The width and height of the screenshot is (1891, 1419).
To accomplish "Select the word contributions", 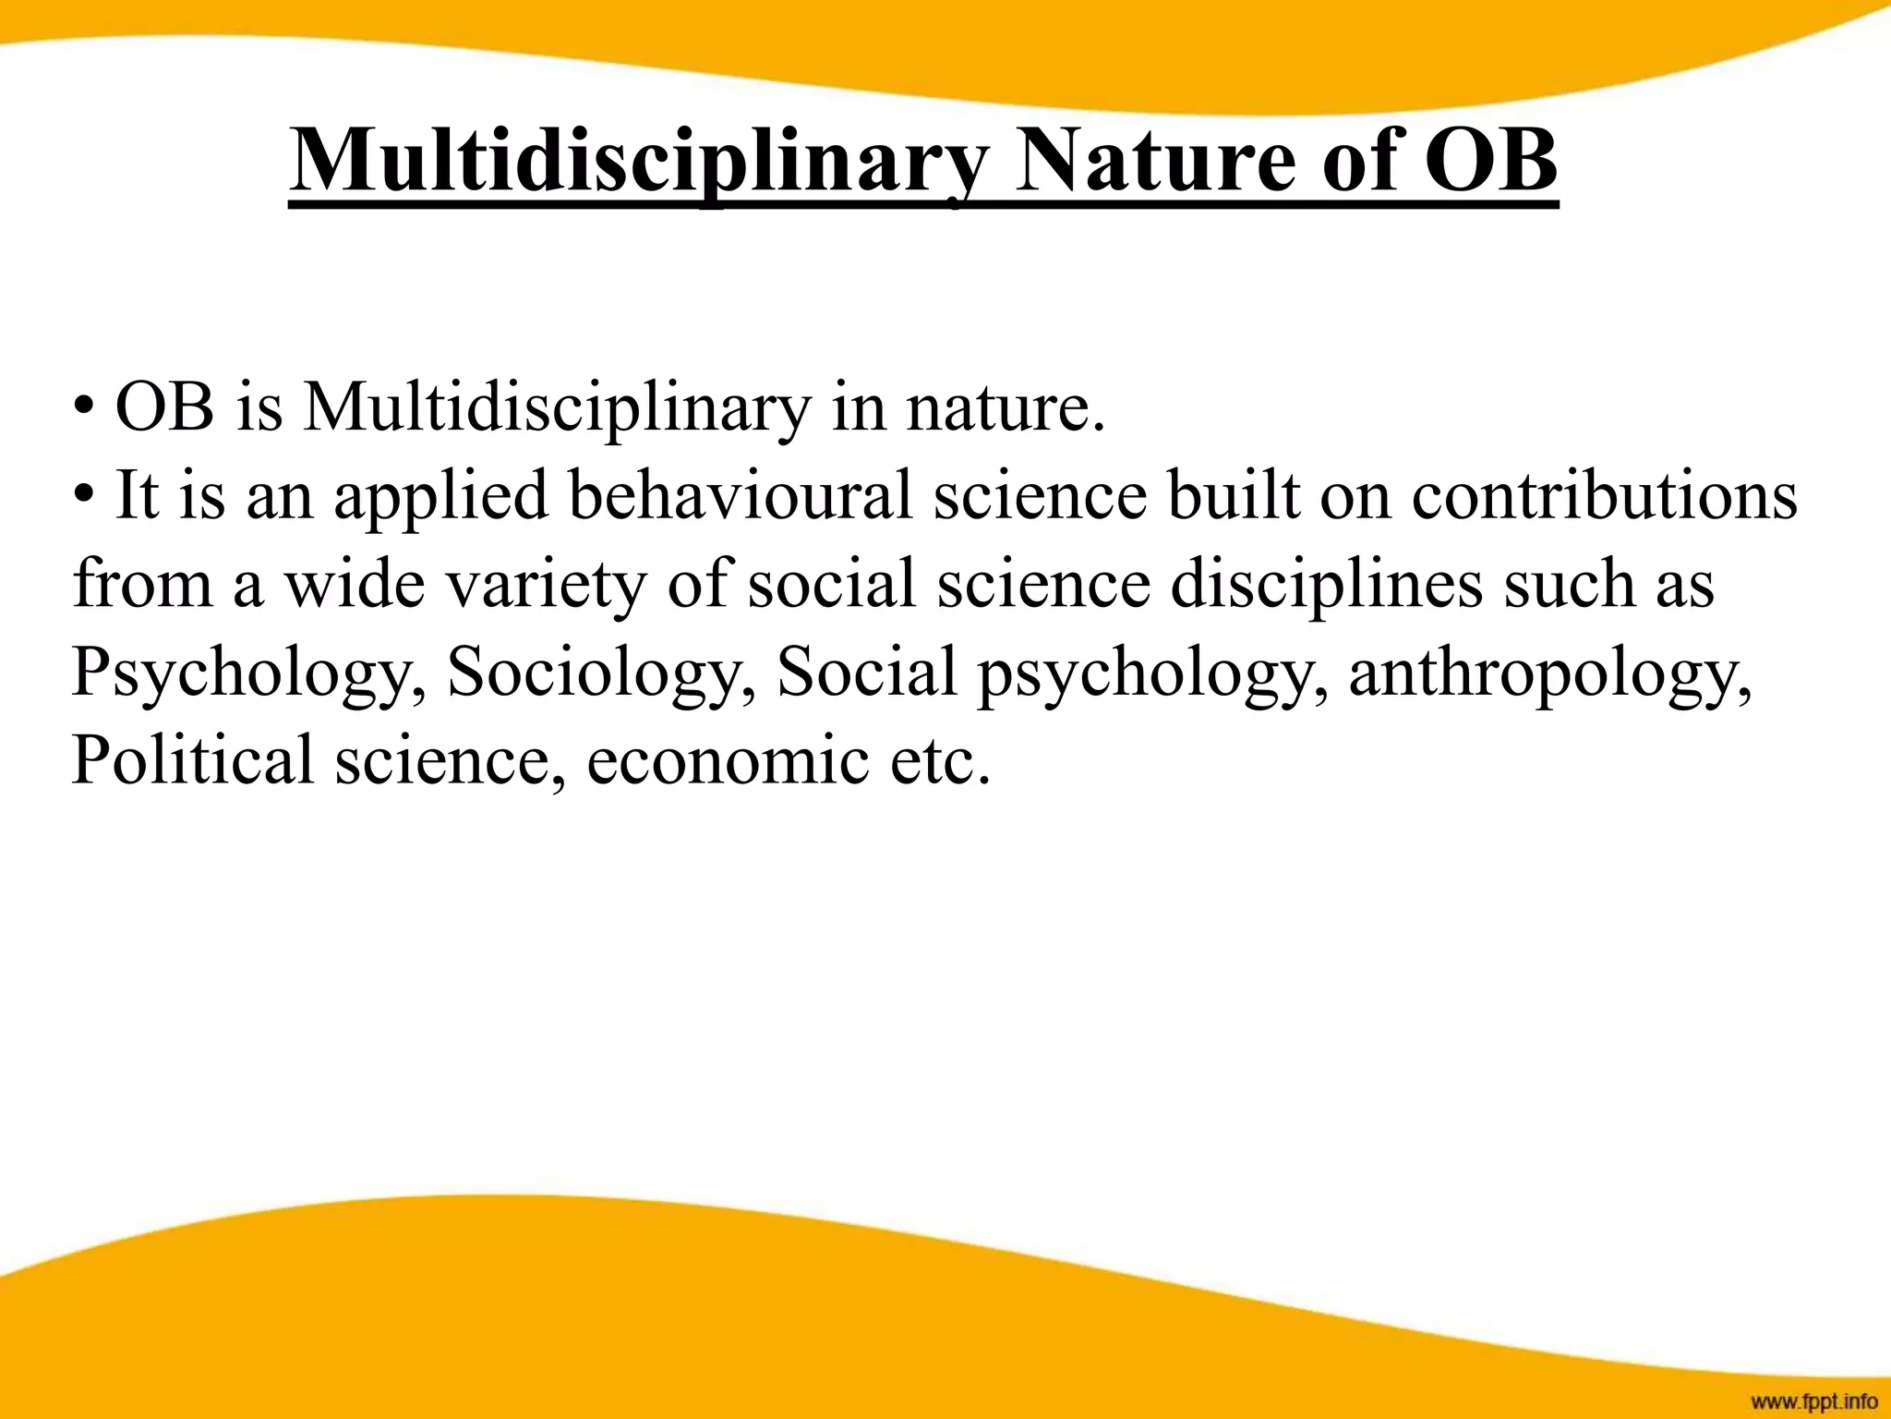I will click(1604, 496).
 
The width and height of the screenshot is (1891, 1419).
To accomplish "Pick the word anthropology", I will click(1549, 673).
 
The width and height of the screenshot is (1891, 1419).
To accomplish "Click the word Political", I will click(192, 760).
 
